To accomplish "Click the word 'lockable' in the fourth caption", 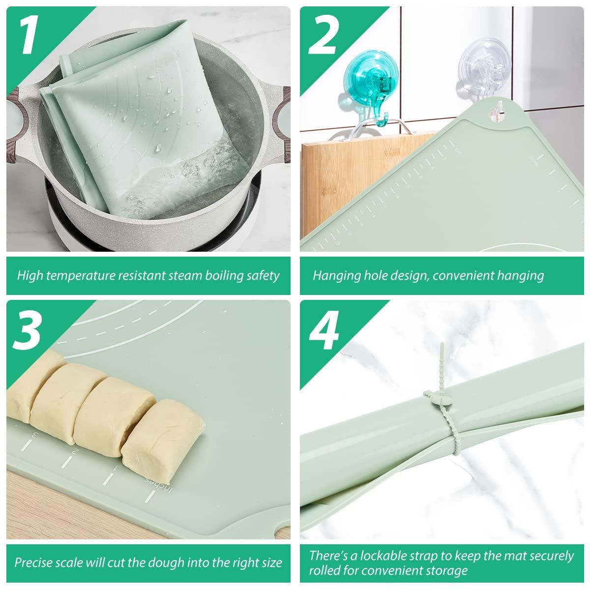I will pos(385,556).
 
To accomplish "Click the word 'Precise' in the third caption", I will pos(33,562).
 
